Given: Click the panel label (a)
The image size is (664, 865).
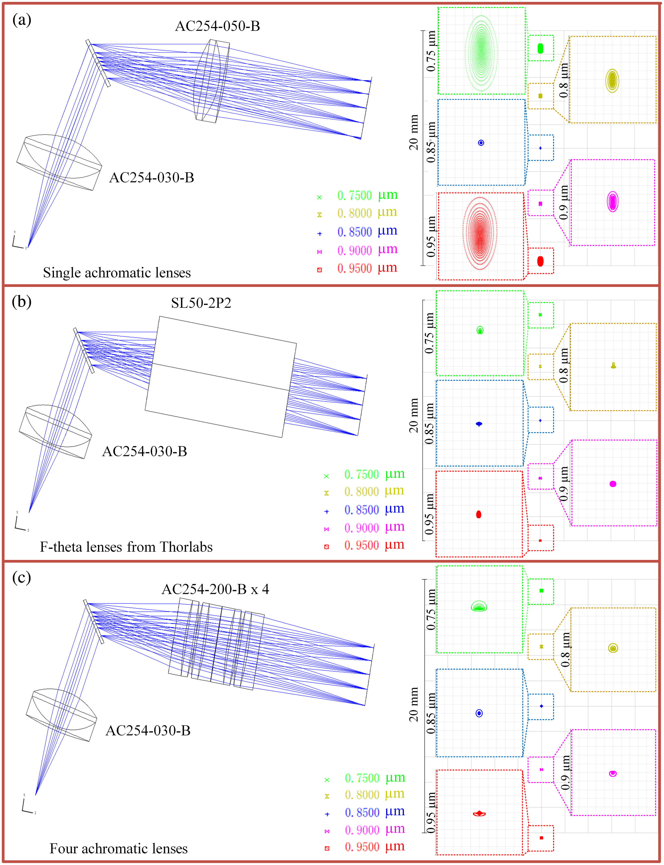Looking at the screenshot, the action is [x=22, y=20].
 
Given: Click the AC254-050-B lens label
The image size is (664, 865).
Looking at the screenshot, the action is [x=217, y=26].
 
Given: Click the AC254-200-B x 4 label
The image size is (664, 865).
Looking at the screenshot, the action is [x=215, y=589].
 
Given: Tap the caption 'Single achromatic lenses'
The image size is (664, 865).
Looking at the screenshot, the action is [x=117, y=272].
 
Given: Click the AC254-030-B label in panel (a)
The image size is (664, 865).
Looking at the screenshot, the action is [x=152, y=178].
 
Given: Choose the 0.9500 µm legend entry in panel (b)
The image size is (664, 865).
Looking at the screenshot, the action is [x=365, y=545].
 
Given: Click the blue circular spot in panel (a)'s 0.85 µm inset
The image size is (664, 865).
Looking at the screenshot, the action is [x=481, y=143].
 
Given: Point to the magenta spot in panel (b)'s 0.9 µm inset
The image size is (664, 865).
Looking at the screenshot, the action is [x=613, y=484].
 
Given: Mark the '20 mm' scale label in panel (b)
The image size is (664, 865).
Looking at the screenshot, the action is [x=414, y=416].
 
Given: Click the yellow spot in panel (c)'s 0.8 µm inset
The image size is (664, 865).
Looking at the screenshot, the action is [x=613, y=648].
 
